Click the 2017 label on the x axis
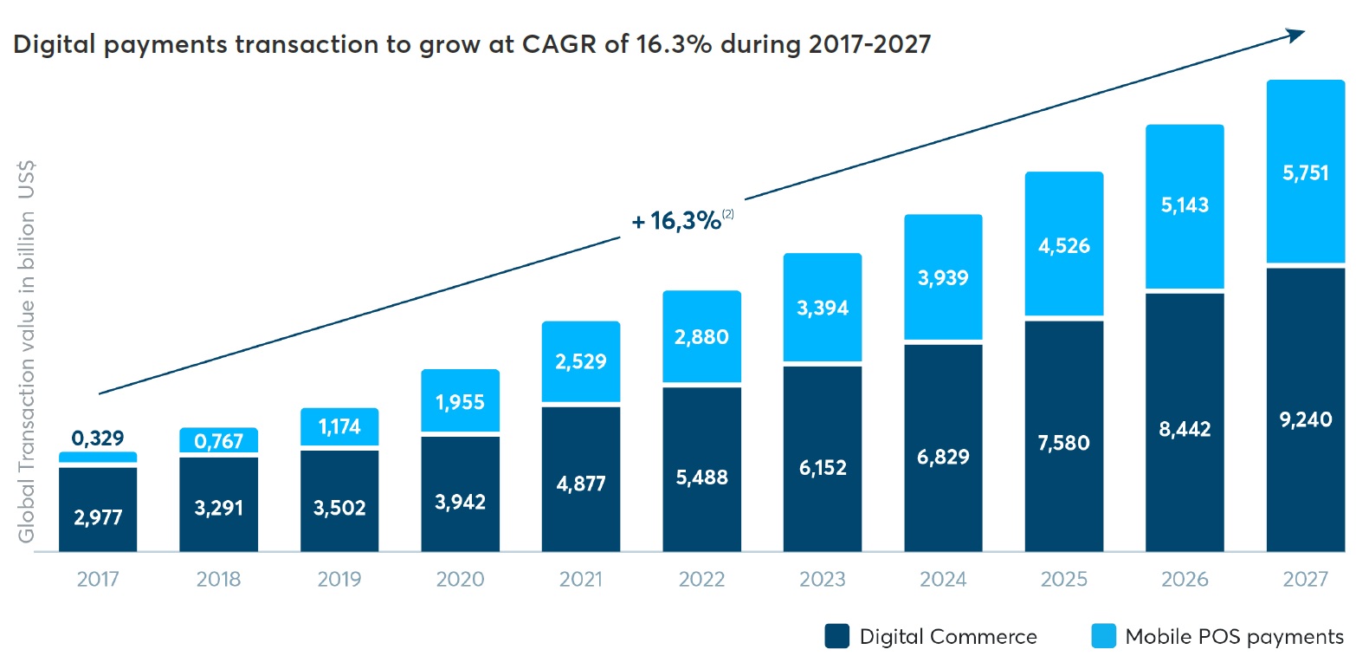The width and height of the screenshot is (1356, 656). point(98,579)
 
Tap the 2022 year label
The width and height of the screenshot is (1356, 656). point(702,579)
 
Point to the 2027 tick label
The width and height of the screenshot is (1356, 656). point(1306,579)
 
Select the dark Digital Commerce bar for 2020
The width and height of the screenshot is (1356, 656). point(460,494)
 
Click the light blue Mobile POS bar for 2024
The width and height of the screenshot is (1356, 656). point(943,276)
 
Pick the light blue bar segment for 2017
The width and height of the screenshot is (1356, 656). point(98,457)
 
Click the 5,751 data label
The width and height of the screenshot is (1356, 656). point(1306,172)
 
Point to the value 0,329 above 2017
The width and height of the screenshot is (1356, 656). point(98,438)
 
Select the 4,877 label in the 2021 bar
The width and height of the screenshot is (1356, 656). point(581,482)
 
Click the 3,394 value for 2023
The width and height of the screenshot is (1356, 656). point(823,308)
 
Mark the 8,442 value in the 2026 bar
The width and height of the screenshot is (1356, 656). point(1185,428)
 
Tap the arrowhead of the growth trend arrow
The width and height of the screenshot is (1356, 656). point(1295,35)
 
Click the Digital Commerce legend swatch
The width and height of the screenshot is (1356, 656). point(836,637)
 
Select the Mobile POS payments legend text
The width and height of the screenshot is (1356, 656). point(1234,637)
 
